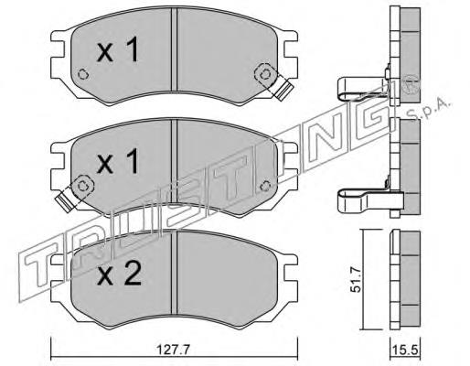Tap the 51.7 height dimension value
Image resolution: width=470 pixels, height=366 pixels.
[x=355, y=279]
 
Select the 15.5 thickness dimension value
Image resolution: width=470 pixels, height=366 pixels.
[x=405, y=350]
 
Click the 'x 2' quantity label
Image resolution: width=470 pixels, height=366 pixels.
[x=119, y=274]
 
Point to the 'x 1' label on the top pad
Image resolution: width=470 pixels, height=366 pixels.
[x=118, y=49]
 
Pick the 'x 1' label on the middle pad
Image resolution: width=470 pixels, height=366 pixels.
[x=118, y=162]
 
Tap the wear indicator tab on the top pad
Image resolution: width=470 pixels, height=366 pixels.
[x=283, y=90]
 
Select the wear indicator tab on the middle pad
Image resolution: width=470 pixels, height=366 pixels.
[x=65, y=199]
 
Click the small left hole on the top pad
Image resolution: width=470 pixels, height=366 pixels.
[x=83, y=74]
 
